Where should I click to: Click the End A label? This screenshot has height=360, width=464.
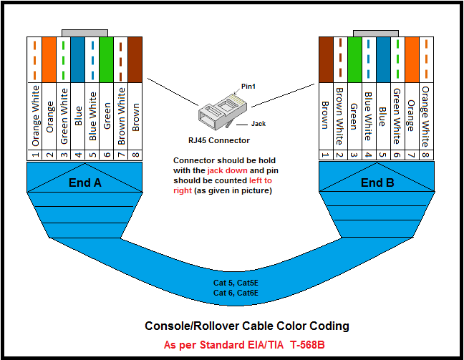tap(84, 183)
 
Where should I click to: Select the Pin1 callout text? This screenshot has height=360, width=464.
tap(248, 85)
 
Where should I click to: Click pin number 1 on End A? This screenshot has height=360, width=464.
tap(34, 154)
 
